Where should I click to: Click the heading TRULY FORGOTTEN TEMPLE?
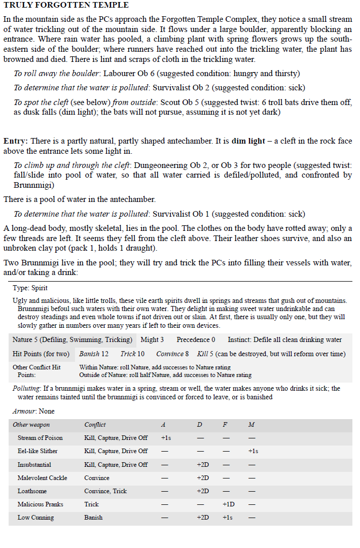click(x=66, y=5)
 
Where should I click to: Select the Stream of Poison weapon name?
click(x=40, y=437)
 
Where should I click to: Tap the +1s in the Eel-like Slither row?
click(x=254, y=451)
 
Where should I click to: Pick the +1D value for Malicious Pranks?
click(x=228, y=504)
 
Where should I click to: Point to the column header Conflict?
click(x=95, y=424)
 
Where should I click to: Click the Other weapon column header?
click(x=31, y=424)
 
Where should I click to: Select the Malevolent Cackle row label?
click(x=42, y=477)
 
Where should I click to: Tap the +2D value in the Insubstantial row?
click(x=203, y=464)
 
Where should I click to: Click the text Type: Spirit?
click(x=30, y=288)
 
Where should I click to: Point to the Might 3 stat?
click(x=152, y=339)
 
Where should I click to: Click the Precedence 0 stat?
click(x=196, y=339)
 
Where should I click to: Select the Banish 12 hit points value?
click(x=94, y=354)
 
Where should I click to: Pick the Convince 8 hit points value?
click(x=172, y=354)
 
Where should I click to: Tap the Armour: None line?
click(x=33, y=411)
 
